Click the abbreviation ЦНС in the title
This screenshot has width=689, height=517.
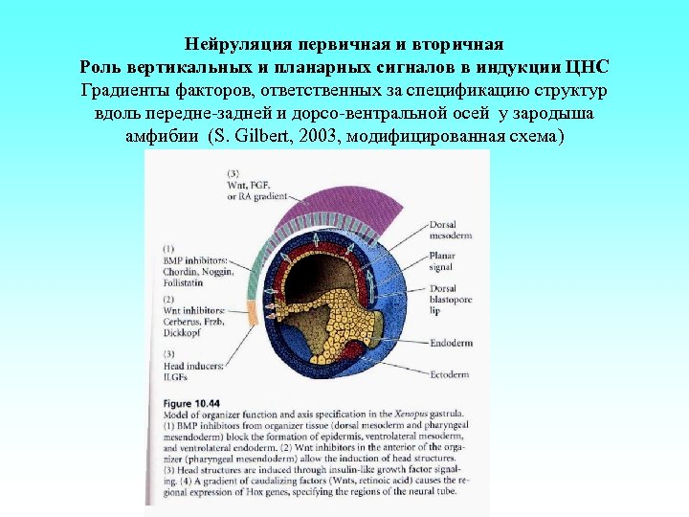pos(587,68)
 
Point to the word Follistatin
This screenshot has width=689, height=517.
pos(184,283)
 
